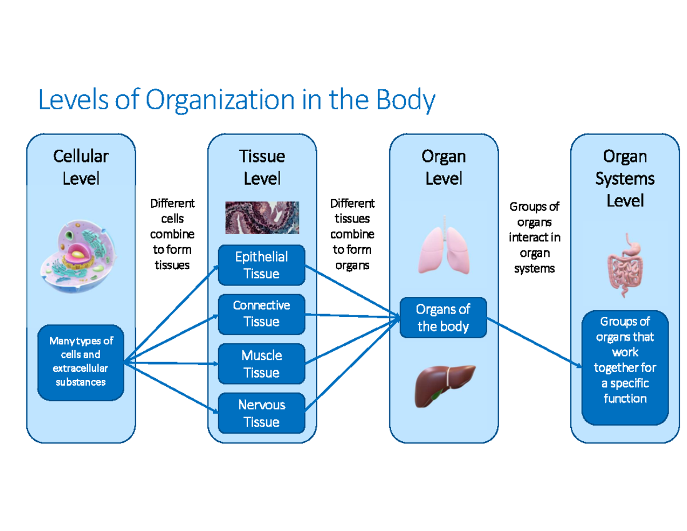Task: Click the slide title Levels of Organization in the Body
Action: coord(236,101)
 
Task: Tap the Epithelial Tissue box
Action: coord(262,265)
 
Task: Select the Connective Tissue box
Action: coord(262,314)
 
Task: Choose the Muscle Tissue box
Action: coord(262,364)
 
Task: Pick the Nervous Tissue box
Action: coord(262,413)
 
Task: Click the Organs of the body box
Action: coord(443,318)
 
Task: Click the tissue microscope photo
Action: coord(262,217)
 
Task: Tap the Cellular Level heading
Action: coord(81,167)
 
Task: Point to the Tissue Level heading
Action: coord(262,167)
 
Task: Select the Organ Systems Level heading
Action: coord(625,179)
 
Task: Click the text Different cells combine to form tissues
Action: coord(172,234)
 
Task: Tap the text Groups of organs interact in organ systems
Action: coord(534,237)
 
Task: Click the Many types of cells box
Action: coord(81,362)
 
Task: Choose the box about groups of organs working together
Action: coord(625,360)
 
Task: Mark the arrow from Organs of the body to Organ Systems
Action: coord(532,341)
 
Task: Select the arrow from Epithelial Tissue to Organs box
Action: coord(352,291)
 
